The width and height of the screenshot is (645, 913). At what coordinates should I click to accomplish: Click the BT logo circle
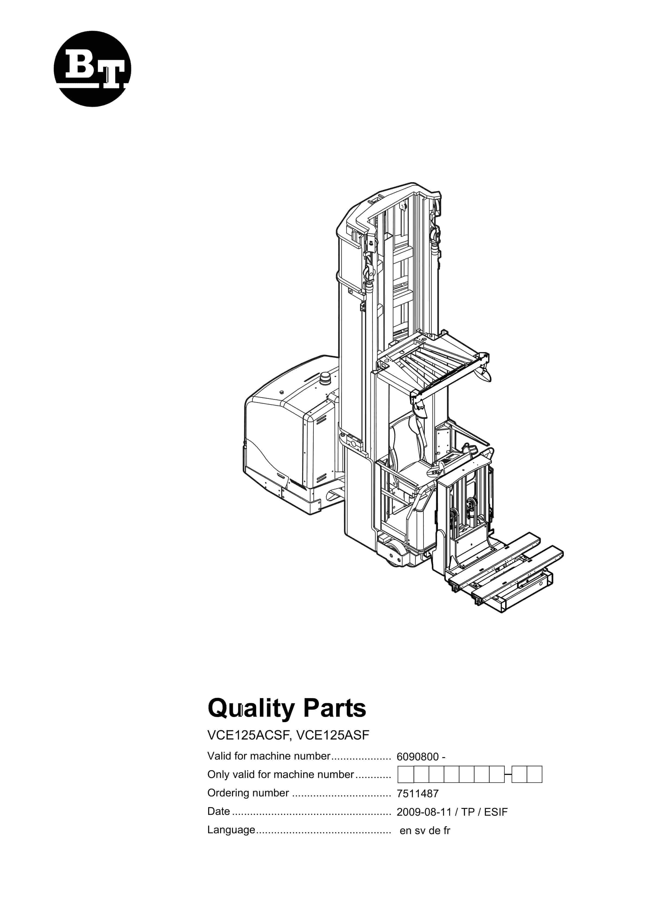pyautogui.click(x=92, y=69)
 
